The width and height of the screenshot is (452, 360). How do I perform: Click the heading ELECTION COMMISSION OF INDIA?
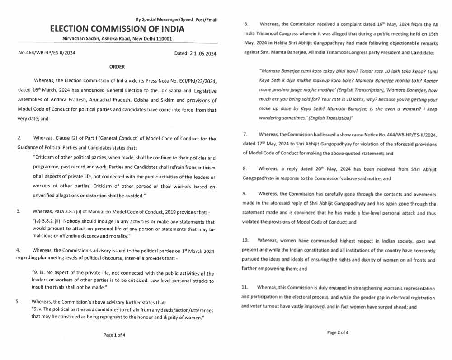click(117, 29)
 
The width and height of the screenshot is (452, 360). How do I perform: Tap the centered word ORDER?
click(117, 67)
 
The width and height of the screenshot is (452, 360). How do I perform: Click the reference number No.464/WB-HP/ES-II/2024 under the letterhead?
click(47, 53)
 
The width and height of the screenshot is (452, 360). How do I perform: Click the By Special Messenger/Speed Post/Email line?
click(176, 19)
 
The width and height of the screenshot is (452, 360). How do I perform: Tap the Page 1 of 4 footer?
click(114, 335)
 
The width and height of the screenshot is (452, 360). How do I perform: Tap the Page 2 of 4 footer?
click(337, 332)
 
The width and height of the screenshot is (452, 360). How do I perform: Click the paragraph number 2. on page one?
click(20, 137)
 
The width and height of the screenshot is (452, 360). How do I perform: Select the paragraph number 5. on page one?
click(18, 301)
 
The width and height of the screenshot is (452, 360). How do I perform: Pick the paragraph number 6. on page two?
click(246, 23)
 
